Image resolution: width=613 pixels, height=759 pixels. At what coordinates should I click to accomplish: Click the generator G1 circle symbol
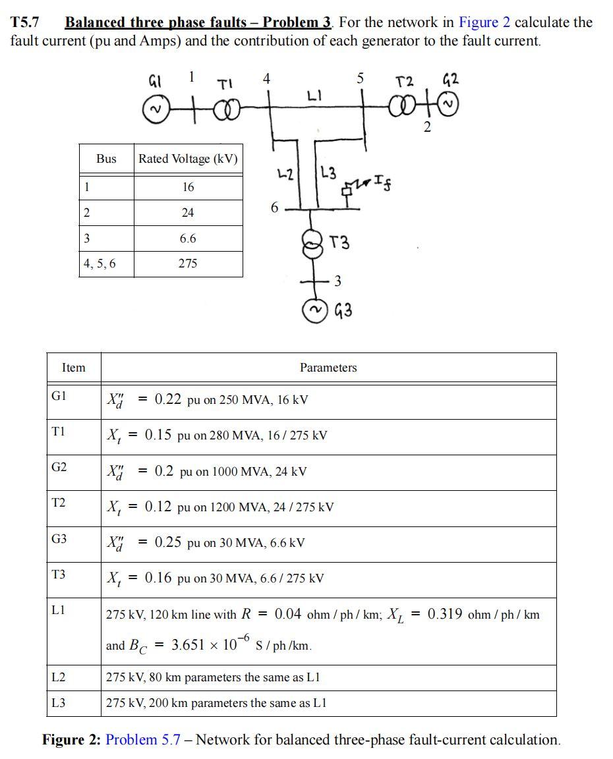[156, 109]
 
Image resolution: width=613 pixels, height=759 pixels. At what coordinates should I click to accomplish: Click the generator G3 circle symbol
[315, 310]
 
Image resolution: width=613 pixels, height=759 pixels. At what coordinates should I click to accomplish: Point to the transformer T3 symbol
[310, 241]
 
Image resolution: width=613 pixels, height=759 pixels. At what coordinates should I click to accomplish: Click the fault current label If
[381, 180]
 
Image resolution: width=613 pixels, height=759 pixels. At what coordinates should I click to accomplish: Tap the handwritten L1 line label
[314, 96]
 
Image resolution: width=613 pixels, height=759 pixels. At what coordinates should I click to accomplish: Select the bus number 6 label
[274, 208]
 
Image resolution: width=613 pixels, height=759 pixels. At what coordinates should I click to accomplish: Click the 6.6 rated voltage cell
[188, 239]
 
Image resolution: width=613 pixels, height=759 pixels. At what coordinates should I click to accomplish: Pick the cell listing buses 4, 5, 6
[99, 264]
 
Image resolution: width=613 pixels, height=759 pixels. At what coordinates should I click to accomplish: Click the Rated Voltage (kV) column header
[188, 159]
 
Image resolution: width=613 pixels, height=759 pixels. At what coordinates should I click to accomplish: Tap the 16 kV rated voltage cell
[188, 187]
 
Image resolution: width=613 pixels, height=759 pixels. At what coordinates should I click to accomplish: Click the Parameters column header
[328, 368]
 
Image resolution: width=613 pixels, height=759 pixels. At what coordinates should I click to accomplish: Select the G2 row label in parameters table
[59, 467]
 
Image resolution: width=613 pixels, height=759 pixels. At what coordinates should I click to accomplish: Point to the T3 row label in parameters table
[59, 574]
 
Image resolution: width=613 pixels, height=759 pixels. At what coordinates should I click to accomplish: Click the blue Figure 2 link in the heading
[484, 22]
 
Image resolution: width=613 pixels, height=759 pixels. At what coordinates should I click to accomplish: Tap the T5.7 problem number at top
[25, 22]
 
